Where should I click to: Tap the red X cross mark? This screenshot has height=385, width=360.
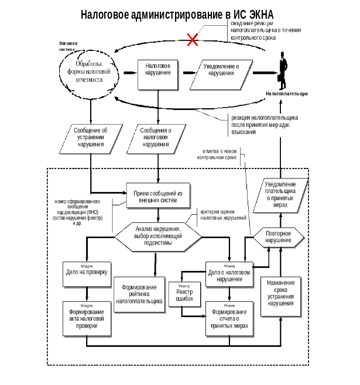(191, 40)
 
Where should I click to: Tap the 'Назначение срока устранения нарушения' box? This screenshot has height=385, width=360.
(280, 295)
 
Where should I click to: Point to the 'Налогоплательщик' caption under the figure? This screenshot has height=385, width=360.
(286, 93)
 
